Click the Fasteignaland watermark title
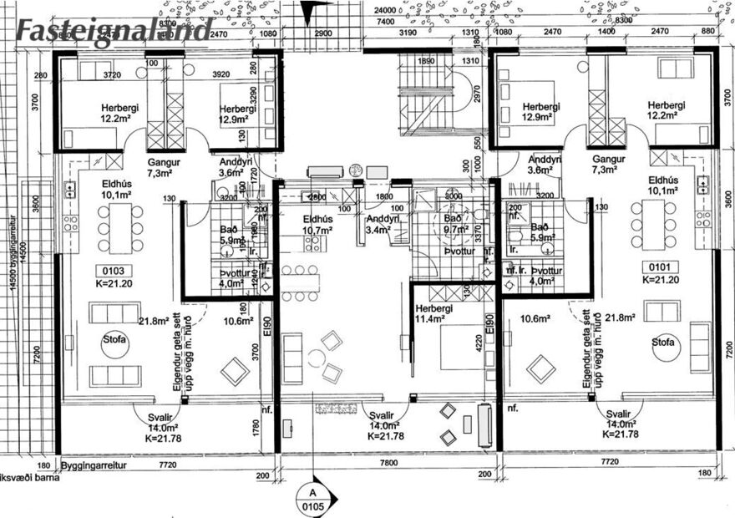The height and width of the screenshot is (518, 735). point(113,31)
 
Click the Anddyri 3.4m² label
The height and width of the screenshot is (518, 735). point(381,224)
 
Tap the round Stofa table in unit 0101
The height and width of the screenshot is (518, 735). point(667,349)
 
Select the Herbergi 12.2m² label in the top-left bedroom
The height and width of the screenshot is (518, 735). point(120,113)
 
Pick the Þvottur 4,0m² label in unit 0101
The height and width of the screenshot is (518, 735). point(545,276)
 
